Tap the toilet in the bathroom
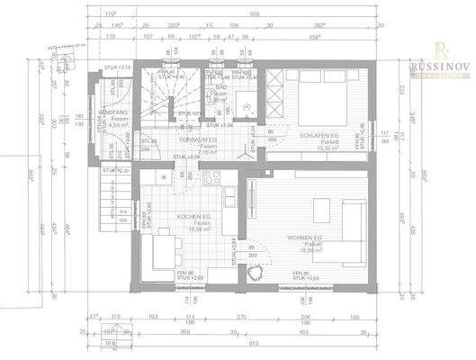[244, 105]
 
